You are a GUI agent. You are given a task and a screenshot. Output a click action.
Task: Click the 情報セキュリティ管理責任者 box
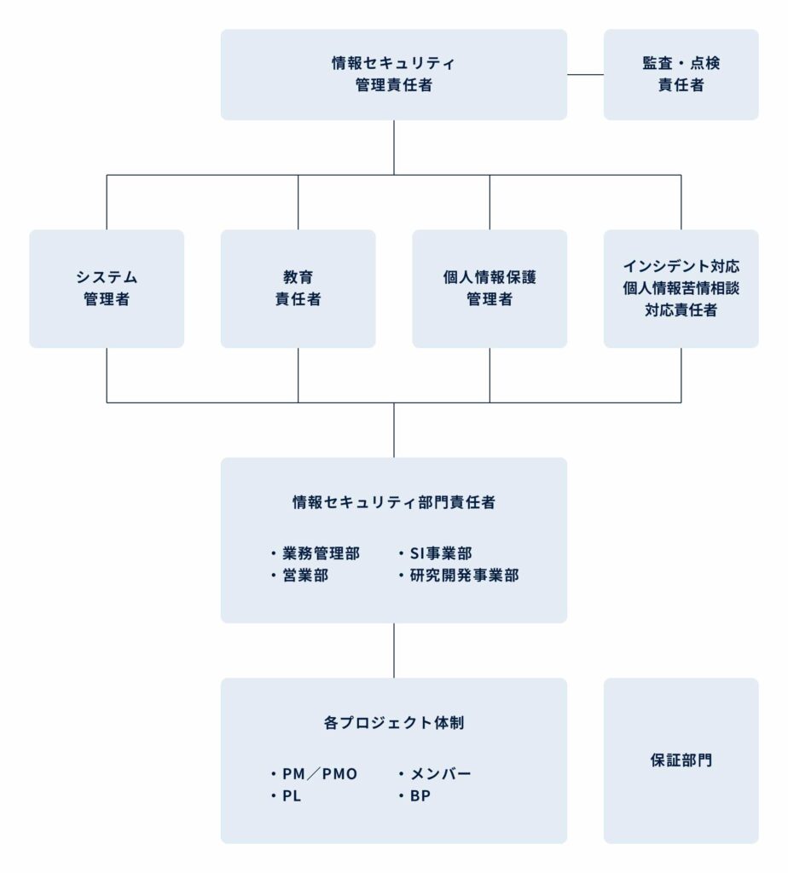[394, 75]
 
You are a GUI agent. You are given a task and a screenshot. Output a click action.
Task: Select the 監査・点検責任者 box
[681, 75]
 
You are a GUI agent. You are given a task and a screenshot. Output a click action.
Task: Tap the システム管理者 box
[107, 288]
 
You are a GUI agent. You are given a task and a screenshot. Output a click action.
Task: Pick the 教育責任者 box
[298, 288]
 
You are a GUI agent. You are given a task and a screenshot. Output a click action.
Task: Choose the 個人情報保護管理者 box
[490, 288]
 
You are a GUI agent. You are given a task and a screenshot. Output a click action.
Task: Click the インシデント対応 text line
[681, 266]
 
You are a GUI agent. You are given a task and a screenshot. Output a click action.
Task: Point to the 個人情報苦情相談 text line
[681, 288]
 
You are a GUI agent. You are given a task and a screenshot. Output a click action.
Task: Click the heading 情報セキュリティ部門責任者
[394, 502]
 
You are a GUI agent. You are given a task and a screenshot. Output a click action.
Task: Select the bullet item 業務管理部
[316, 553]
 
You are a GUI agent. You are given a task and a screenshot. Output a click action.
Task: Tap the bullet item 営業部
[299, 575]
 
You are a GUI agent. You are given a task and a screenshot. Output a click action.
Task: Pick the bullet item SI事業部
[435, 553]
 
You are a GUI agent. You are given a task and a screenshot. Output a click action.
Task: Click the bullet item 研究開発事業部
[458, 575]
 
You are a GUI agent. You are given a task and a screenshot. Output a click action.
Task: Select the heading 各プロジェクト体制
[394, 723]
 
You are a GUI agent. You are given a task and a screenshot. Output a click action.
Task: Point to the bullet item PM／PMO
[314, 774]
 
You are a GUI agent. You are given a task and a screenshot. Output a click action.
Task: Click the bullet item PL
[286, 796]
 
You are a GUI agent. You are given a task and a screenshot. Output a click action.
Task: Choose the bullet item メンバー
[434, 774]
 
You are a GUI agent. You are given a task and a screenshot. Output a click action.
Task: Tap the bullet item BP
[414, 796]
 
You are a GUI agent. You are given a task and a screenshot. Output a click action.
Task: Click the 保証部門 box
[681, 760]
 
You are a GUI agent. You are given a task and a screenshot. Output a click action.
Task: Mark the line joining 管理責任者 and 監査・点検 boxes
[585, 75]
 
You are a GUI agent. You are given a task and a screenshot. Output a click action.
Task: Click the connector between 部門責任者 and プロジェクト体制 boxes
[394, 650]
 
